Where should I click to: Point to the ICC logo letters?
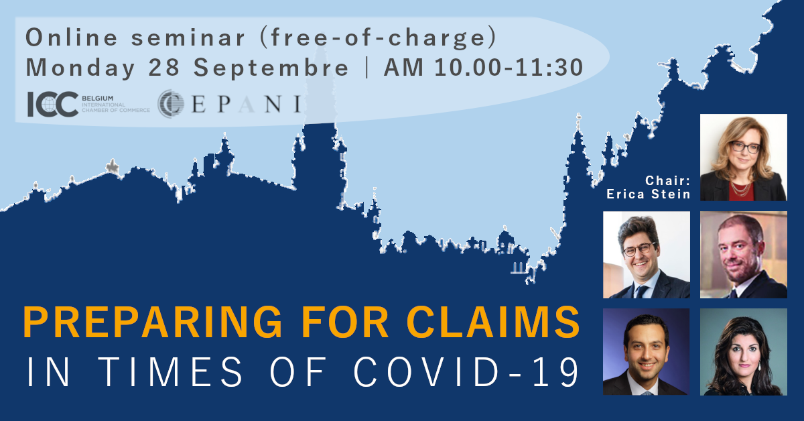coord(52,104)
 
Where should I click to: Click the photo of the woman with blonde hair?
coord(743,158)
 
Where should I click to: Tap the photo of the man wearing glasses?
coord(646,255)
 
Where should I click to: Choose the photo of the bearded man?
coord(743,255)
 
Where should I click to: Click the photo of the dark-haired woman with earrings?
coord(743,352)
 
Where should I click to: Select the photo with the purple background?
coord(646,352)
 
